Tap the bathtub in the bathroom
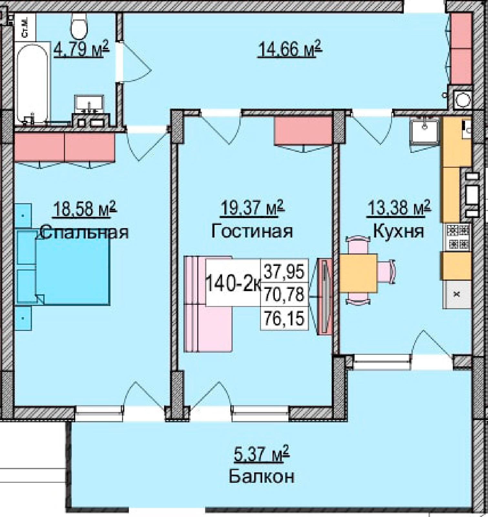(x=32, y=83)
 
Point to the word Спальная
(x=85, y=232)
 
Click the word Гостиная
(x=252, y=231)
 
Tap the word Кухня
(x=398, y=231)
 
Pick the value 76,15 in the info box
(x=284, y=318)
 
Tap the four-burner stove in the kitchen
(x=457, y=237)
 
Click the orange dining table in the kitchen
(x=358, y=273)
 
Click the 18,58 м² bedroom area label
(x=85, y=209)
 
